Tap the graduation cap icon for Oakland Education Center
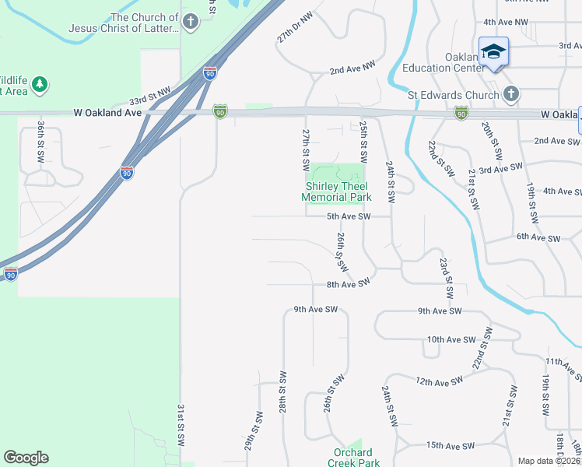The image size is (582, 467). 493,52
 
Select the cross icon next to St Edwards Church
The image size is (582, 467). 510,95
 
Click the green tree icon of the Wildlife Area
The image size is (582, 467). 40,83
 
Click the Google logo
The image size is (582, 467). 26,458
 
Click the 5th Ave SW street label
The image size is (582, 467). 348,216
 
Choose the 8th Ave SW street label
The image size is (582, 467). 348,285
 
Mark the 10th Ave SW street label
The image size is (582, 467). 451,339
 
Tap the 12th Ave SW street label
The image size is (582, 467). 439,381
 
